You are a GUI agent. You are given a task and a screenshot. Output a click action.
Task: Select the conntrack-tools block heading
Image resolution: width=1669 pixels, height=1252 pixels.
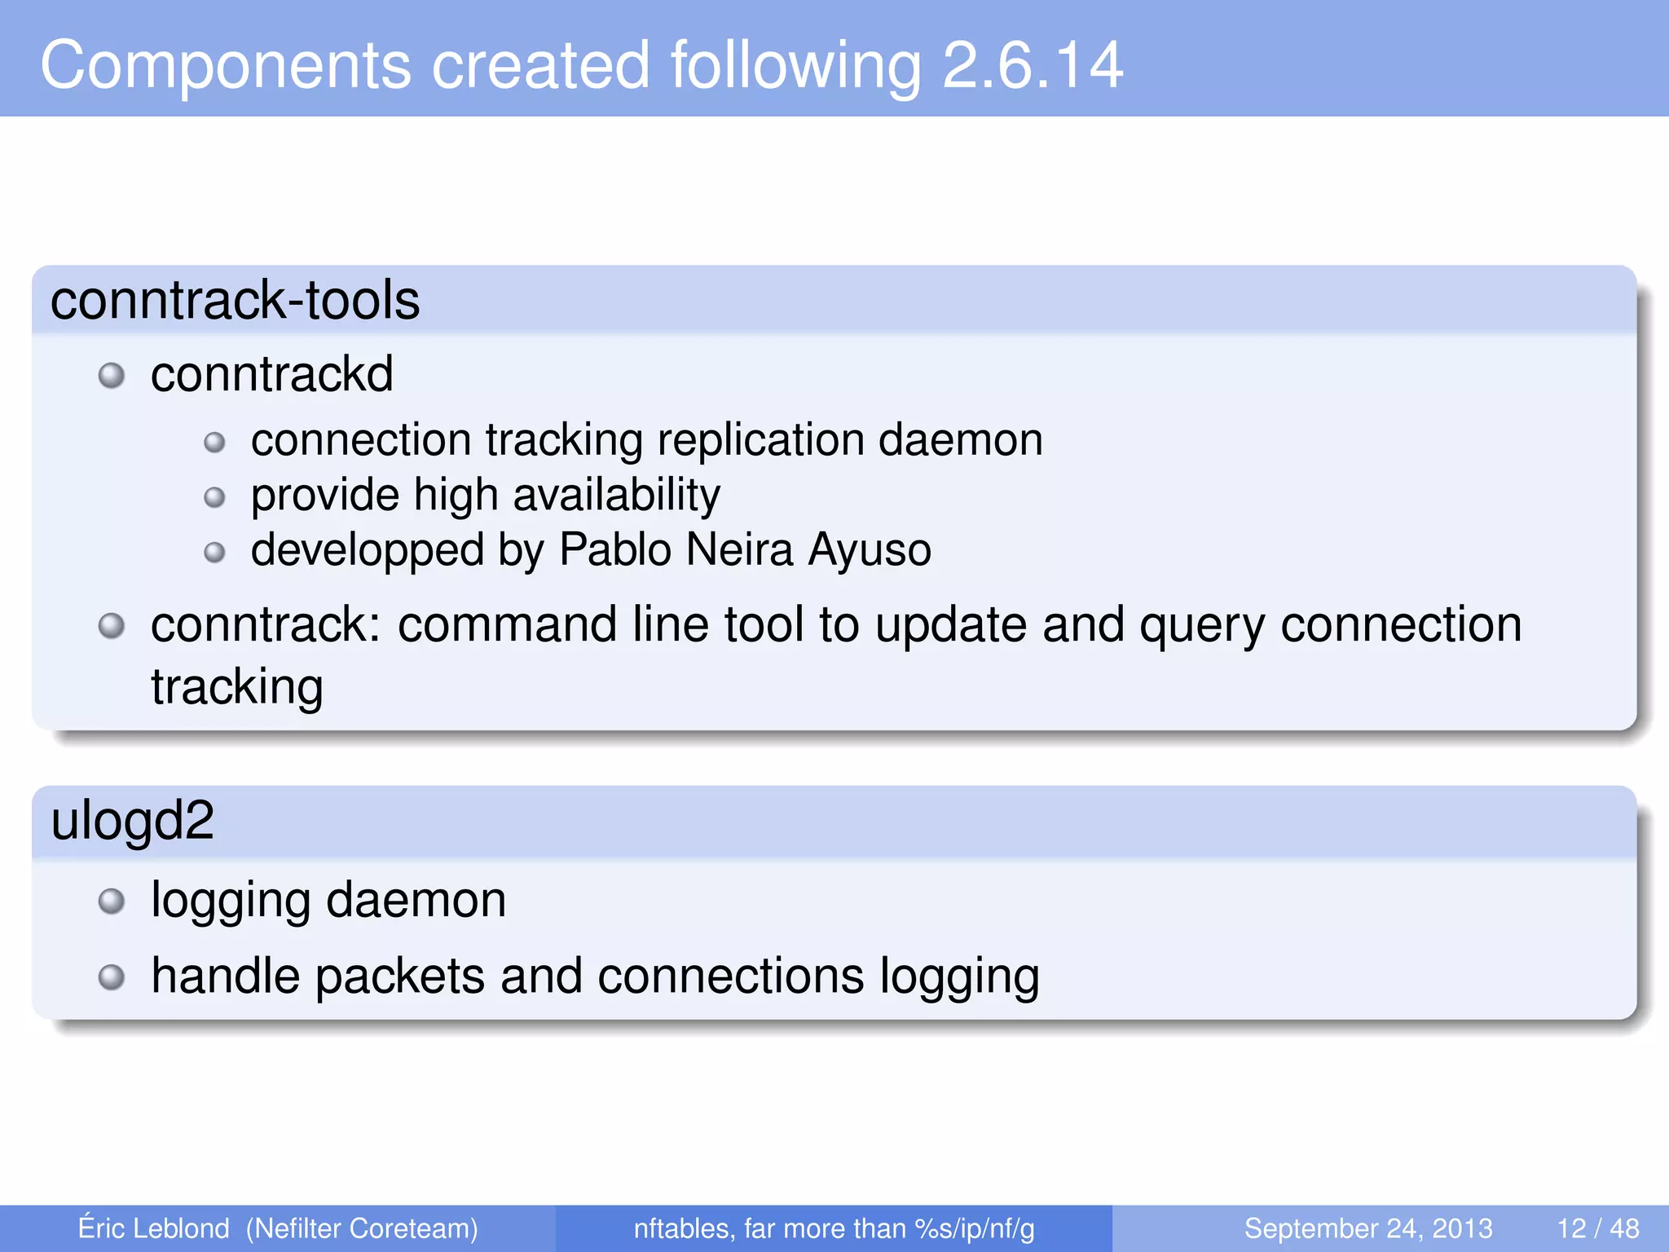235,300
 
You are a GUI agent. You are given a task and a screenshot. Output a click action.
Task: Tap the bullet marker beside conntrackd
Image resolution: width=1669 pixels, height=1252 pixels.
112,376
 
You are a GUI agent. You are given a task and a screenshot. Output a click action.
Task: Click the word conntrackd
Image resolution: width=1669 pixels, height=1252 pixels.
271,374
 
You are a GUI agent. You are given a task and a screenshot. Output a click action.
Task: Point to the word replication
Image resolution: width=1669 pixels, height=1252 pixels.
760,440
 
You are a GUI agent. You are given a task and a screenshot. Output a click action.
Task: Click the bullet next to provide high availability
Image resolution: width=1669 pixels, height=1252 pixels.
214,497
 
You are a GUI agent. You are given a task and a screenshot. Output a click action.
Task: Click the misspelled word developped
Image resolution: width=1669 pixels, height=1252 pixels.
367,550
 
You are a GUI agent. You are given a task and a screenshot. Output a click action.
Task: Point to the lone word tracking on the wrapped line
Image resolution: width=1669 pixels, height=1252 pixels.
236,686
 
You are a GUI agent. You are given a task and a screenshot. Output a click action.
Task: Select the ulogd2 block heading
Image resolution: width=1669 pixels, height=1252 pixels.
132,820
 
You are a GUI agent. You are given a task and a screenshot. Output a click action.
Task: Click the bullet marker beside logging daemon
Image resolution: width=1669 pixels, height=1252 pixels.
112,902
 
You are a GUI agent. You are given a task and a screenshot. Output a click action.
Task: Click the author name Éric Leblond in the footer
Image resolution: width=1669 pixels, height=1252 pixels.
153,1228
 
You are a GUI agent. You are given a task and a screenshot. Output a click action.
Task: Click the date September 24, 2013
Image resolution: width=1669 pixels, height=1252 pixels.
1367,1228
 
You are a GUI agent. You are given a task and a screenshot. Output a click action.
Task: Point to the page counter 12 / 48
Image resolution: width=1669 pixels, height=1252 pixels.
1597,1228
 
